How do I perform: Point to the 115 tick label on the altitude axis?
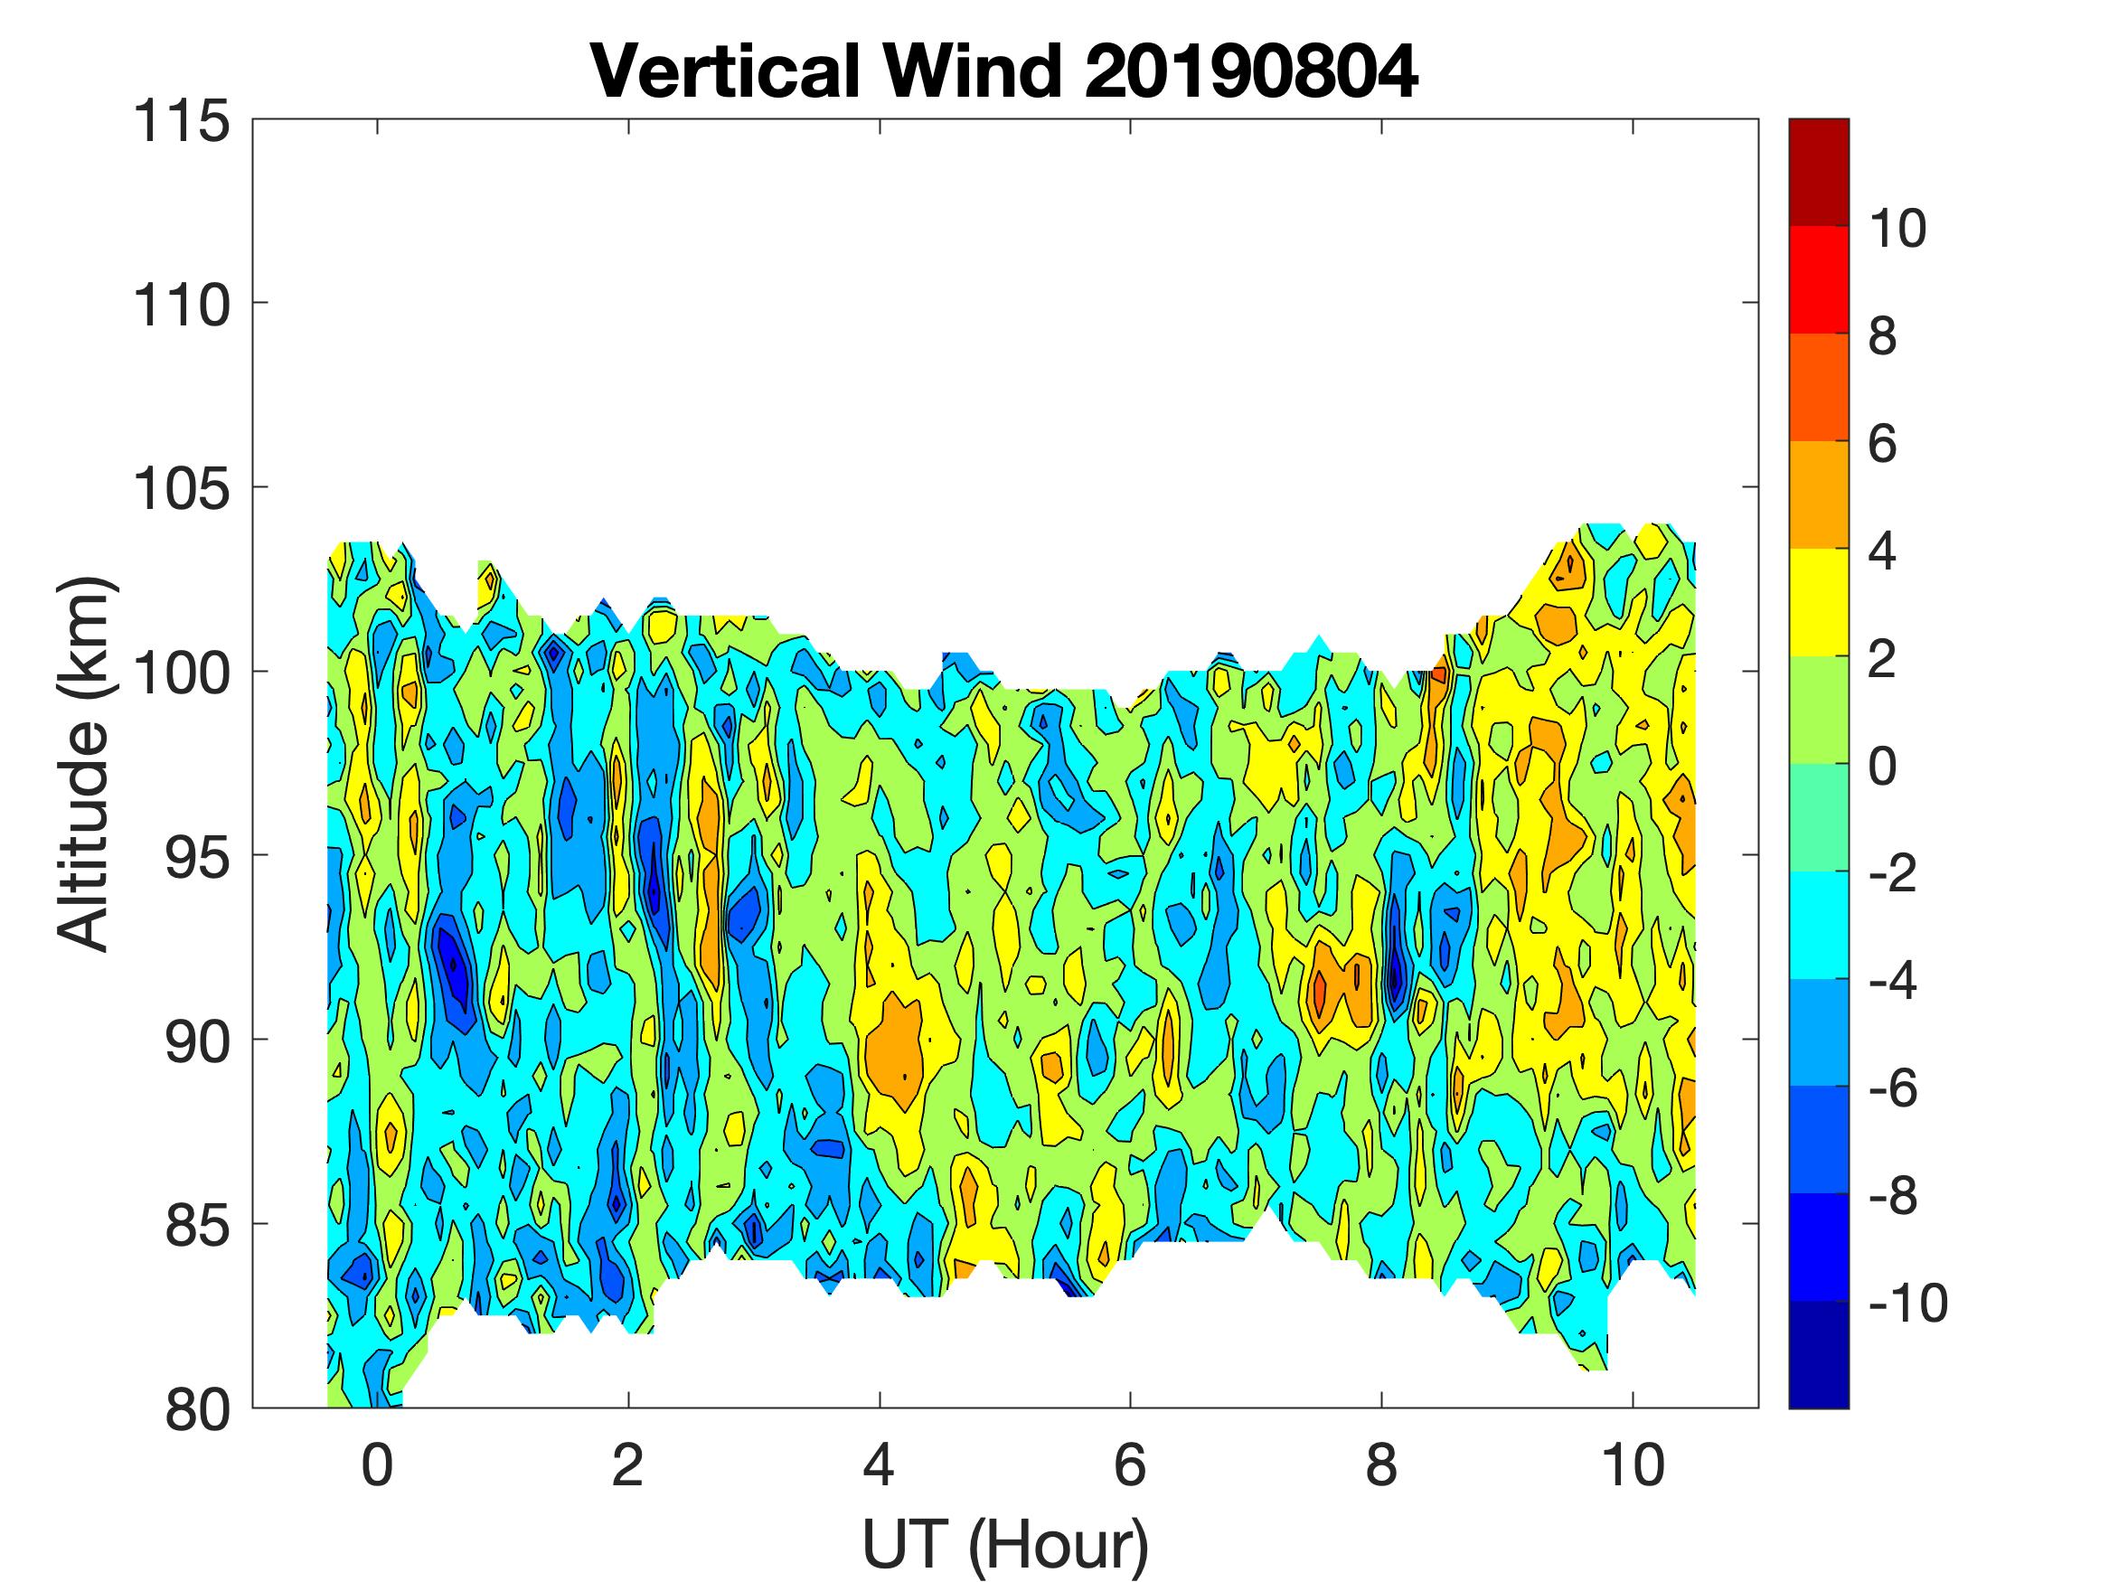click(x=181, y=123)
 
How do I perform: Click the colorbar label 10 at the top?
click(x=1897, y=229)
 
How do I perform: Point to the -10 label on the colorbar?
click(x=1907, y=1303)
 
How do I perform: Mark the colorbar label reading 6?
click(x=1882, y=445)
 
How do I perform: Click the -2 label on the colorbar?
click(x=1893, y=873)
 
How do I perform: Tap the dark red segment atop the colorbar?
click(x=1818, y=172)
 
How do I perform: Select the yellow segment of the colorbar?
click(x=1818, y=603)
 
